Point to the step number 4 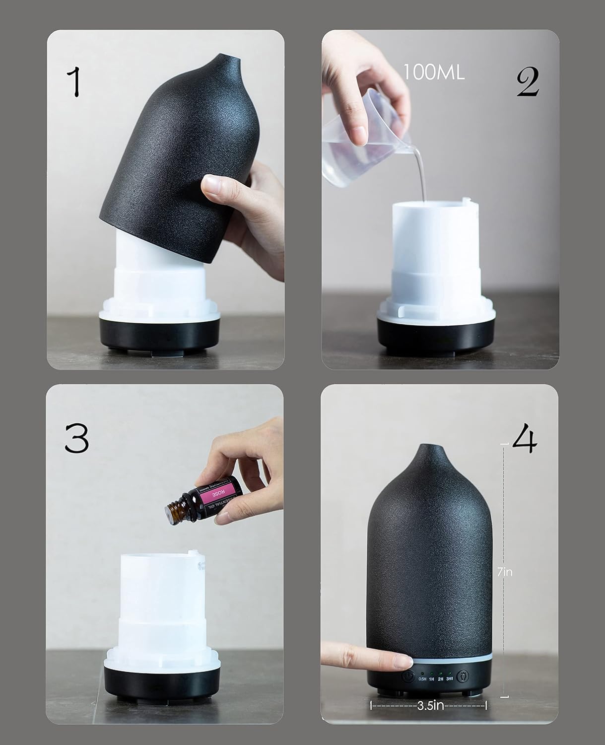click(x=525, y=440)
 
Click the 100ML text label click(x=433, y=73)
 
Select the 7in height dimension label click(x=504, y=572)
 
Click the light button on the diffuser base click(x=464, y=676)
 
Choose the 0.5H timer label click(x=422, y=678)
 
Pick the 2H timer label click(x=440, y=678)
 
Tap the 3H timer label click(x=450, y=678)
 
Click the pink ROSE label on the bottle click(x=216, y=495)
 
